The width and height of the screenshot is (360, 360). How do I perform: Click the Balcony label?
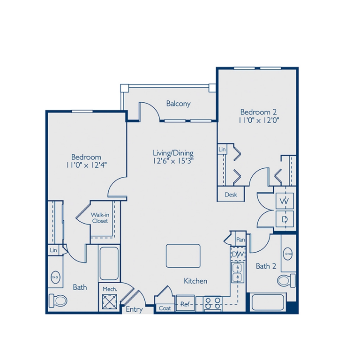point(179,104)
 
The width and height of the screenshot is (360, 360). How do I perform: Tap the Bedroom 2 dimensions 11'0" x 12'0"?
point(259,120)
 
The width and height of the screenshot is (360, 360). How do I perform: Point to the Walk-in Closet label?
point(99,217)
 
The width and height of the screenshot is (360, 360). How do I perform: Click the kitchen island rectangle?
point(183,255)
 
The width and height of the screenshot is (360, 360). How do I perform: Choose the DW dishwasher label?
point(238,254)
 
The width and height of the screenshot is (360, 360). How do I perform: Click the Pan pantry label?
point(240,240)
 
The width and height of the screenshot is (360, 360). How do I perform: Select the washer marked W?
point(284,201)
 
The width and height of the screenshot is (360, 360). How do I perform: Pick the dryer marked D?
point(284,218)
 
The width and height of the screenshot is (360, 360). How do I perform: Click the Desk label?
point(230,195)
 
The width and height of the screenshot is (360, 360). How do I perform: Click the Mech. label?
point(110,289)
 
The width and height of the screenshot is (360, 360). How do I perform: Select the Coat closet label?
point(165,308)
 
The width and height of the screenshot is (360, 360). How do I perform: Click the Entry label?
point(135,309)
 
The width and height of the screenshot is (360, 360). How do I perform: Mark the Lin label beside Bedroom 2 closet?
point(222,150)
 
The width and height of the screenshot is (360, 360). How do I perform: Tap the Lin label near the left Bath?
point(53,251)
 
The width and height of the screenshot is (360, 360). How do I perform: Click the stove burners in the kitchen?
point(213,303)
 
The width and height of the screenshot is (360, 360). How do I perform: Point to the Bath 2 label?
point(265,266)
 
